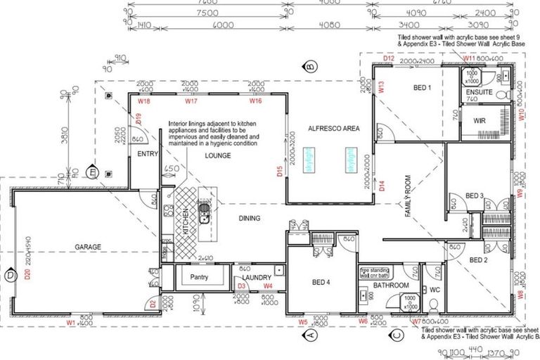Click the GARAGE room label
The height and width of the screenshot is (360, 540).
(x=89, y=247)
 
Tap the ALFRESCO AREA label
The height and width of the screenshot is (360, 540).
(x=330, y=129)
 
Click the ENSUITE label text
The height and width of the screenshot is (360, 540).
(x=479, y=91)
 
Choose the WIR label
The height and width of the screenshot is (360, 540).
(x=480, y=120)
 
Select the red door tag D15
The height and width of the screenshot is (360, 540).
(x=280, y=170)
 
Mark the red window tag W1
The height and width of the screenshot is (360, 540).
(x=71, y=323)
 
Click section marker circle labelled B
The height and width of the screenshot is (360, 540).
(x=309, y=67)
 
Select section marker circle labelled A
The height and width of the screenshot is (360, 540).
(x=311, y=336)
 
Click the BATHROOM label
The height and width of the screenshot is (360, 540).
(x=391, y=285)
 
